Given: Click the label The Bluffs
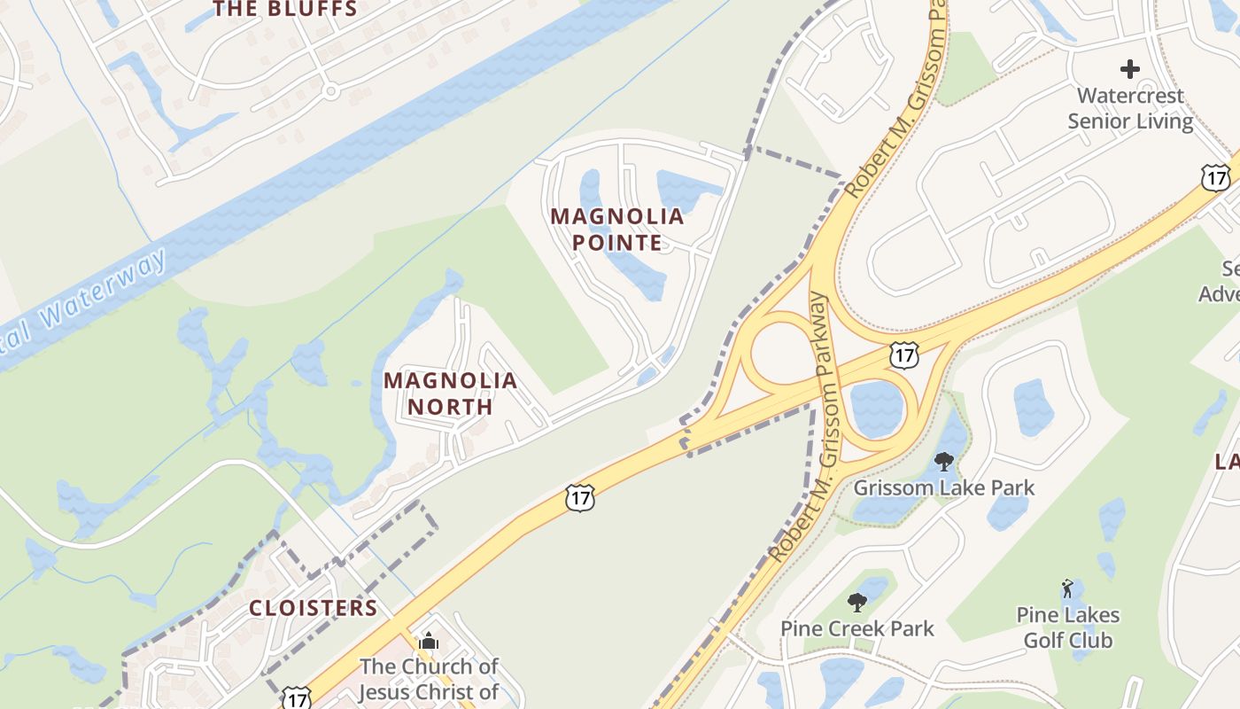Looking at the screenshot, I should [x=285, y=10].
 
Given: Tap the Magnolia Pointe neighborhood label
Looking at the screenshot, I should [x=617, y=230].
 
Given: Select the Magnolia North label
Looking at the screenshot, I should [x=450, y=393].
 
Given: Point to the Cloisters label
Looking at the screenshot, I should [x=313, y=608].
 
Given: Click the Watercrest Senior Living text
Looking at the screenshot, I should [x=1130, y=107].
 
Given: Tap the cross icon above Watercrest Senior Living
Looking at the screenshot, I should [x=1129, y=68].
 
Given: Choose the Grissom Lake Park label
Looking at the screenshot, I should [x=943, y=487].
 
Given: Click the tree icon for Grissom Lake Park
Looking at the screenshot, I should [x=944, y=461].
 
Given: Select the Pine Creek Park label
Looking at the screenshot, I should [x=856, y=628].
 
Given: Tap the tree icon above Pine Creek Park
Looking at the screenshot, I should [x=856, y=603].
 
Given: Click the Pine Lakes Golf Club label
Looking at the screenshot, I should [x=1067, y=627].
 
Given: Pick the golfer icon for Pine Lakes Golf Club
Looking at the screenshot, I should [x=1067, y=588].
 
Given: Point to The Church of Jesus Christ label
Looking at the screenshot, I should [x=429, y=678].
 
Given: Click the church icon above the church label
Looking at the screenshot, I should [x=429, y=641].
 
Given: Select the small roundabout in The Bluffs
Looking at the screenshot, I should [x=331, y=90].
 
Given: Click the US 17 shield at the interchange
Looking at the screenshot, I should [x=903, y=355].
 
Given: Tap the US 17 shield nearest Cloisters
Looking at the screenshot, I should [x=297, y=697].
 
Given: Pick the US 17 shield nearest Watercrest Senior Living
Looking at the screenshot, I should [x=1216, y=177].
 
